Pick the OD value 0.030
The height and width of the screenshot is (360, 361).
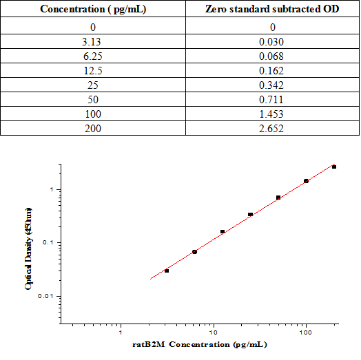point(272,42)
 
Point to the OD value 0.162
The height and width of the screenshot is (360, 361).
point(272,71)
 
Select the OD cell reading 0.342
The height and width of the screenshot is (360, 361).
point(272,85)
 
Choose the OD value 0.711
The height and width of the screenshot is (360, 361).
point(272,100)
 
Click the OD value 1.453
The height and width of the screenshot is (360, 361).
point(272,114)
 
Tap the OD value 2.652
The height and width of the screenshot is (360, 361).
point(272,129)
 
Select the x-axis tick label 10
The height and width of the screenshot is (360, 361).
point(214,332)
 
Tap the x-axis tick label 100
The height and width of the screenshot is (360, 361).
point(305,332)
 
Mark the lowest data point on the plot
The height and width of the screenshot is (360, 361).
point(167,271)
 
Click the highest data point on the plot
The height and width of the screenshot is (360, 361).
point(334,167)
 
